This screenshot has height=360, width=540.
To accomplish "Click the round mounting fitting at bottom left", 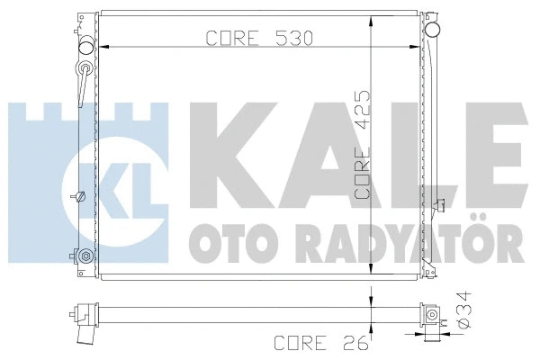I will click(85, 256).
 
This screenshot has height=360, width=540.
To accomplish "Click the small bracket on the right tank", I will click(439, 206).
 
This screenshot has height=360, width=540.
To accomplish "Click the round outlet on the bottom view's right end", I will click(433, 316).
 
